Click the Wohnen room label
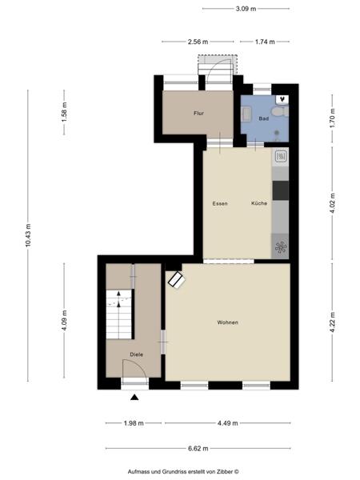point(227,322)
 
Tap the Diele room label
point(137,354)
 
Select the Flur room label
point(198,114)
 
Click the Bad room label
point(264,118)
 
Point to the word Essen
point(220,203)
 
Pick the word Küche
point(259,203)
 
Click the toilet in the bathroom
point(280,111)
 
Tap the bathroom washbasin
point(246,114)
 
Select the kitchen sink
point(281,158)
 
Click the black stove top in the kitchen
point(281,190)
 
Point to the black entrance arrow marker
point(134,398)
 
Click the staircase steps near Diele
point(118,314)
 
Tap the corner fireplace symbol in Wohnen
point(177,279)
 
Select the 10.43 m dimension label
point(28,235)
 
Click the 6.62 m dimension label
point(198,449)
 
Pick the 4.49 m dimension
point(228,423)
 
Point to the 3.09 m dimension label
point(246,9)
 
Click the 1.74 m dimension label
point(265,42)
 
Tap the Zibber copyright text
point(183,472)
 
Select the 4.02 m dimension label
point(333,203)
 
